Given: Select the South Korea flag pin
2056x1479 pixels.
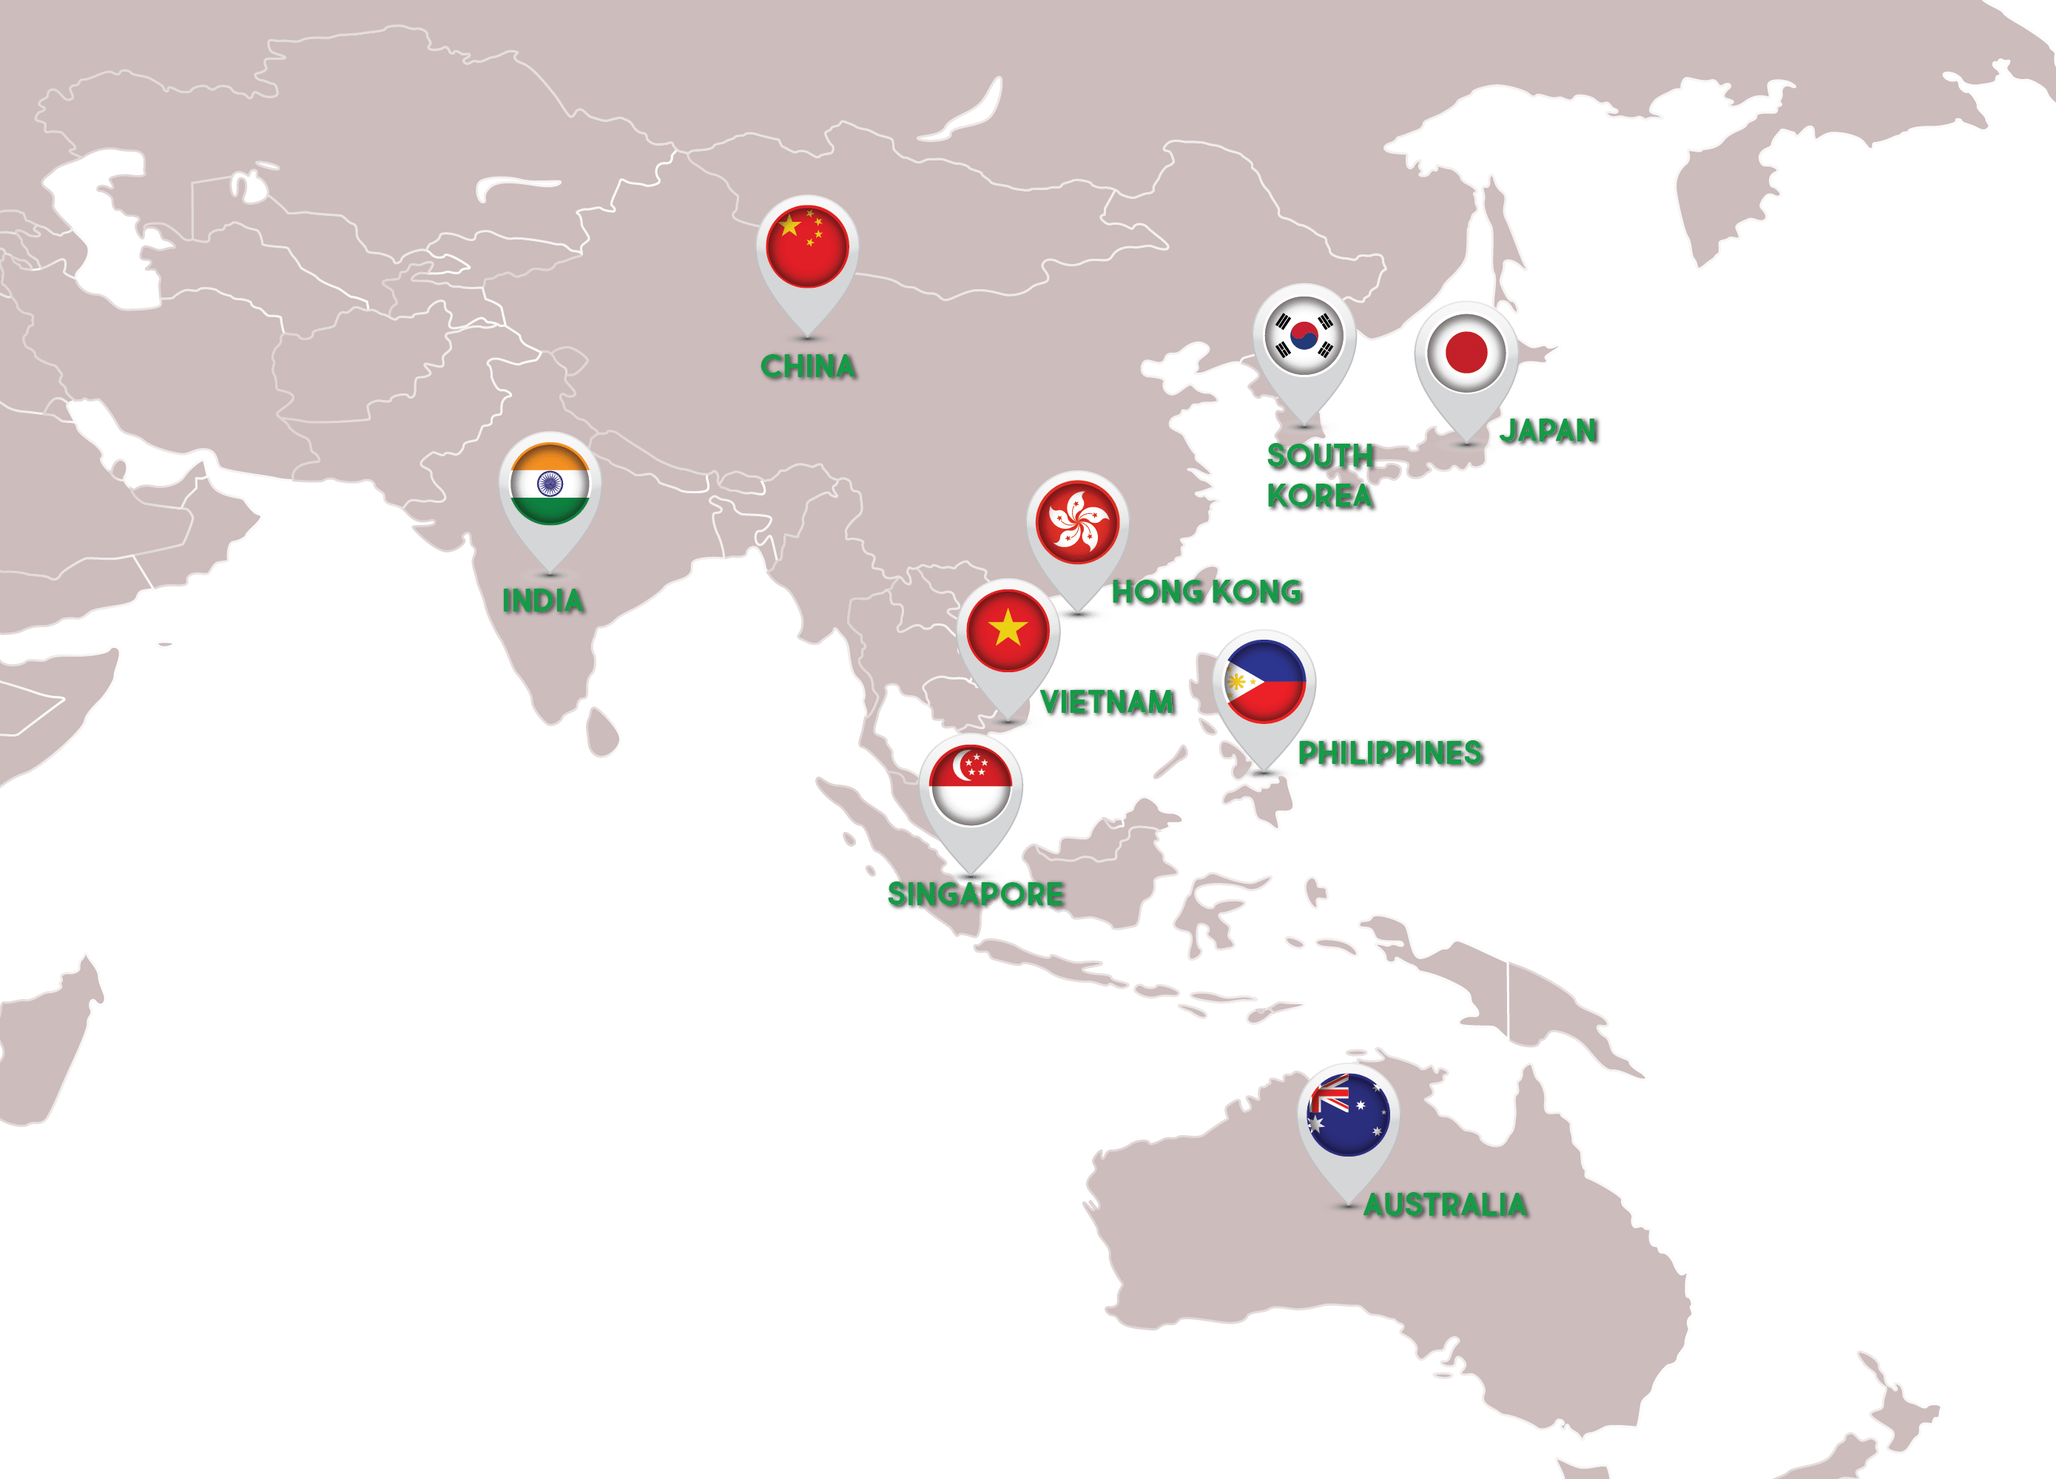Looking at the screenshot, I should click(x=1304, y=335).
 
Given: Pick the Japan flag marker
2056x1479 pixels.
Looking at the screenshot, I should click(x=1466, y=353).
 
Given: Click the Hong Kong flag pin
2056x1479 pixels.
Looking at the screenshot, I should click(x=1078, y=522).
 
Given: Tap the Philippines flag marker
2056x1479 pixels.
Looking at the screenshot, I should click(x=1264, y=682).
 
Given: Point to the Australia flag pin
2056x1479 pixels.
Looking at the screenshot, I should click(x=1348, y=1114).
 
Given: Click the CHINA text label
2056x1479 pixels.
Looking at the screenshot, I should click(x=808, y=366).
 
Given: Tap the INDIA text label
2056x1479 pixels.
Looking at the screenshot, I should click(x=543, y=600).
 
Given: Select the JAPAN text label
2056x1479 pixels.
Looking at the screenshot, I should click(x=1548, y=430).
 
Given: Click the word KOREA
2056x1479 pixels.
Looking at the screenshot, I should click(x=1319, y=495).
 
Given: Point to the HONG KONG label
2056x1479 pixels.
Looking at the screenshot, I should click(x=1207, y=592).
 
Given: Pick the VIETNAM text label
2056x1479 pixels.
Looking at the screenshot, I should click(x=1107, y=703).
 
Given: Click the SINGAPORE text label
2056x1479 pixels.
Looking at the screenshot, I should click(x=974, y=895).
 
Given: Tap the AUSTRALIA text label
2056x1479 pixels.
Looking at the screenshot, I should click(x=1445, y=1205).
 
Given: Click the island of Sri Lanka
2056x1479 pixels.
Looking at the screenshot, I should click(x=602, y=733).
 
